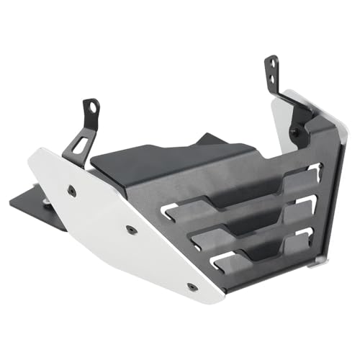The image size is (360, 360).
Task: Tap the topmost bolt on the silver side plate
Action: coord(71,190)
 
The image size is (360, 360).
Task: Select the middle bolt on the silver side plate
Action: coord(130,230)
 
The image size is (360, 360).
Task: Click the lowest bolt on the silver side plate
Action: coord(192,287)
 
